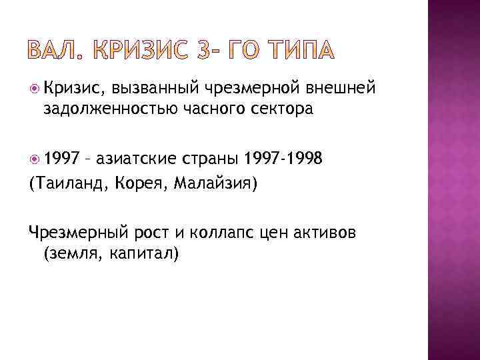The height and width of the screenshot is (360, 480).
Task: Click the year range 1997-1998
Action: tap(284, 158)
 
